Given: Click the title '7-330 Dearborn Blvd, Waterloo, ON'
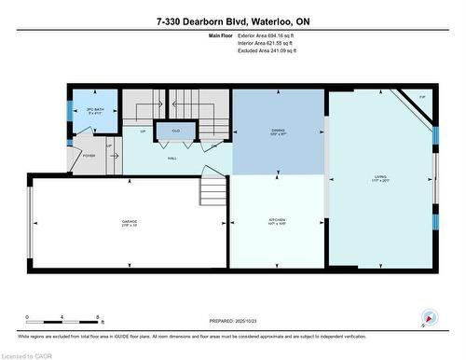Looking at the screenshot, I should click(x=233, y=21).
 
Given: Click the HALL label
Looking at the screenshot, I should click(x=172, y=159).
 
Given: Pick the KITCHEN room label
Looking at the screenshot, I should click(x=276, y=222).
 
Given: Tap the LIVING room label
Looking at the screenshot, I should click(x=379, y=181).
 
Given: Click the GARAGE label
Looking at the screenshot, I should click(x=129, y=222).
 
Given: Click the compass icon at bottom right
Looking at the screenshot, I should click(x=429, y=317).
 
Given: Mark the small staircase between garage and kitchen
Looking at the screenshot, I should click(x=212, y=191).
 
